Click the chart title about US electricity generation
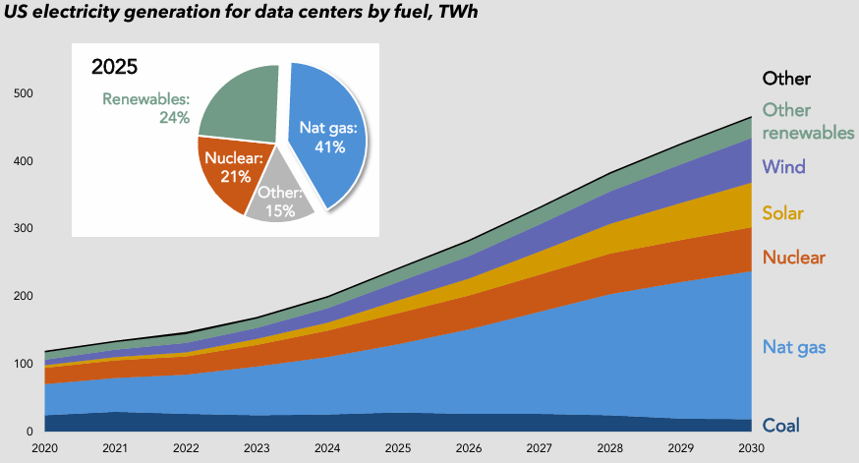pyautogui.click(x=252, y=14)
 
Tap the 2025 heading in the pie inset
pyautogui.click(x=114, y=68)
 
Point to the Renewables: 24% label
pyautogui.click(x=146, y=107)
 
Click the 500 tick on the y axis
pyautogui.click(x=22, y=94)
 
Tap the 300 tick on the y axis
pyautogui.click(x=22, y=229)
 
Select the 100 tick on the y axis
pyautogui.click(x=22, y=365)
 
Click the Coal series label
pyautogui.click(x=781, y=425)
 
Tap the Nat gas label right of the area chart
pyautogui.click(x=793, y=346)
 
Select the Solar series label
pyautogui.click(x=784, y=212)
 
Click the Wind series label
pyautogui.click(x=783, y=166)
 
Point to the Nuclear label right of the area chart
pyautogui.click(x=793, y=258)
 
